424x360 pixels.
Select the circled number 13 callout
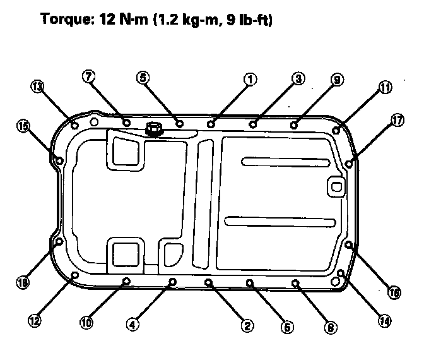(38, 87)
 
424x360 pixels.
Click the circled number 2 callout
(247, 325)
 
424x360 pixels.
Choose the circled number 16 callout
(394, 292)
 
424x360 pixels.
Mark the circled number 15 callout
(23, 126)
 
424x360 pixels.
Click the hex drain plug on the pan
(153, 129)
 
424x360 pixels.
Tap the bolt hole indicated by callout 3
(253, 123)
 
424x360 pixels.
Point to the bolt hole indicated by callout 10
(126, 281)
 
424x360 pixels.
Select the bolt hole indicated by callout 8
(295, 284)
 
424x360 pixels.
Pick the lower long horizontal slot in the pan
(281, 221)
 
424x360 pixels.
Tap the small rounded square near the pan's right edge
(336, 186)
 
